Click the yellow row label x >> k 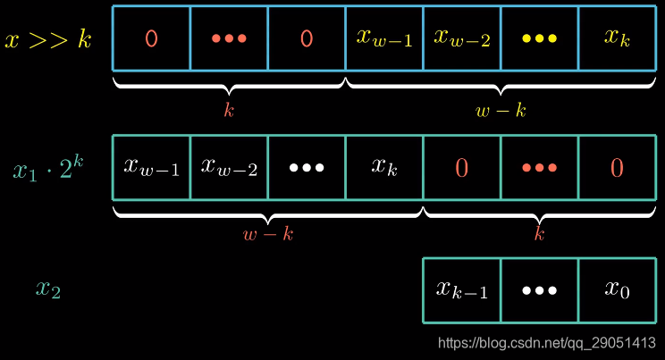pos(49,40)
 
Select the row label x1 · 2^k pos(49,168)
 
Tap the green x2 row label pos(48,289)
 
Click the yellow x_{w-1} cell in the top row pos(384,38)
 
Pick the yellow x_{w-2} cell pos(462,38)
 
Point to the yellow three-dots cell pos(539,38)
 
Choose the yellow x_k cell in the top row pos(618,38)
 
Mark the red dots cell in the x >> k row pos(229,38)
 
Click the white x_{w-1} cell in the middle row pos(151,167)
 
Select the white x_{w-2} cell pos(229,167)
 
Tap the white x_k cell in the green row pos(384,167)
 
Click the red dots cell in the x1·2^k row pos(539,167)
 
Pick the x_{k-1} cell pos(462,289)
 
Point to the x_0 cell pos(618,289)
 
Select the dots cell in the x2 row pos(539,289)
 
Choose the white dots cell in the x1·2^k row pos(307,167)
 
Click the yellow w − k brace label pos(501,110)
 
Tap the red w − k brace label pos(268,235)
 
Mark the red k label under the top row pos(229,110)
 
